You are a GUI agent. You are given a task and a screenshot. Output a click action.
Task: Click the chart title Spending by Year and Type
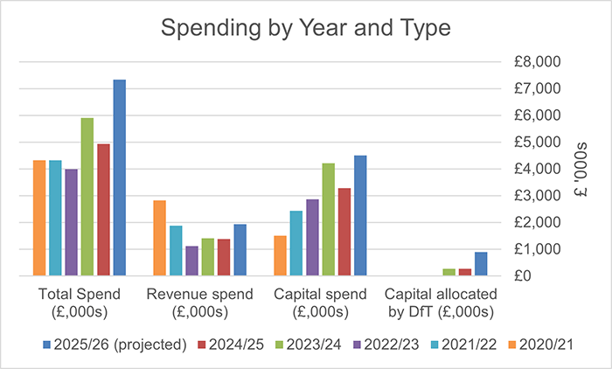pyautogui.click(x=305, y=28)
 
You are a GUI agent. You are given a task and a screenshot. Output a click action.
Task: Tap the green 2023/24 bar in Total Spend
pyautogui.click(x=87, y=197)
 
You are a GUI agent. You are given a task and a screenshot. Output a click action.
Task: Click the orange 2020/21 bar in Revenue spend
pyautogui.click(x=160, y=238)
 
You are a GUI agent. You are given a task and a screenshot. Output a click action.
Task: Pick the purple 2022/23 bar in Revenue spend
pyautogui.click(x=192, y=261)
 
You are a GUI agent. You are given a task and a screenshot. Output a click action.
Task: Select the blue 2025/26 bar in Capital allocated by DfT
pyautogui.click(x=481, y=263)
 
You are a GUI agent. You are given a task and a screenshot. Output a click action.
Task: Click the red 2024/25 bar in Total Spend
pyautogui.click(x=103, y=210)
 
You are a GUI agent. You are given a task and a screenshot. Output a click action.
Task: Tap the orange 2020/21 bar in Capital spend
pyautogui.click(x=280, y=255)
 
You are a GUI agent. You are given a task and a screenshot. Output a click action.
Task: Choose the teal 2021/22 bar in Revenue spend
pyautogui.click(x=176, y=250)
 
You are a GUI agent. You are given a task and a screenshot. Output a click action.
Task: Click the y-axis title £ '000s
pyautogui.click(x=579, y=169)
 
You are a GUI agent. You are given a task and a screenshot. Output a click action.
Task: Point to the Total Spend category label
pyautogui.click(x=80, y=303)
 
